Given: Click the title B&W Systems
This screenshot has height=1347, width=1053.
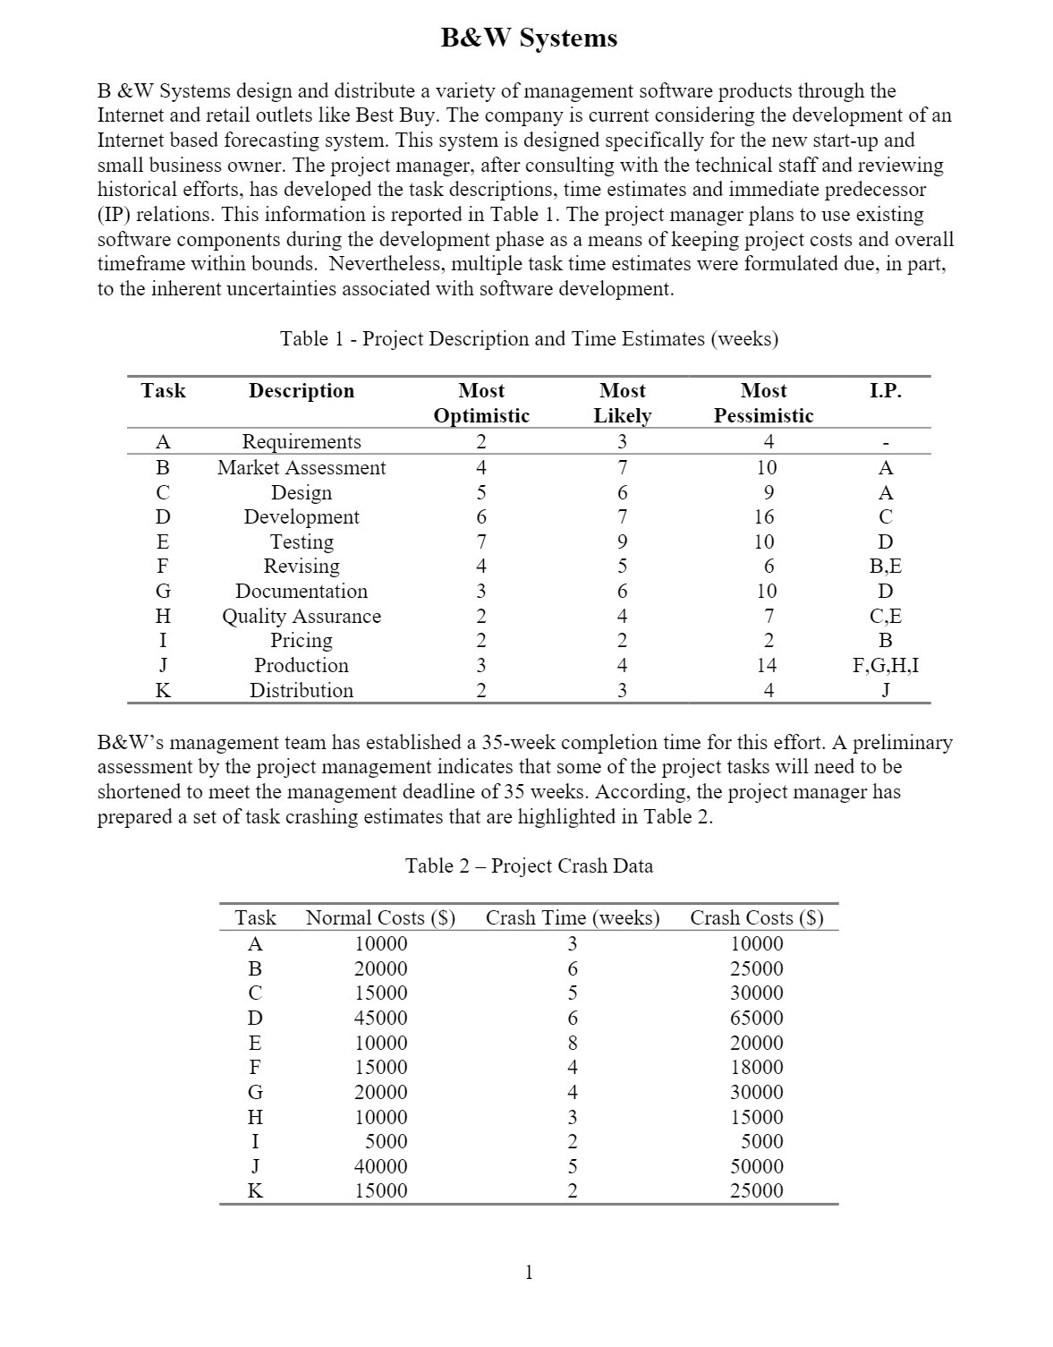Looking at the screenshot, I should pyautogui.click(x=528, y=38).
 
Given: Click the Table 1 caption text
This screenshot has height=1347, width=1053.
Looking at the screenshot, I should pyautogui.click(x=528, y=338).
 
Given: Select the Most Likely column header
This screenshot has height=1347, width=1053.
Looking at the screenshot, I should pyautogui.click(x=622, y=403).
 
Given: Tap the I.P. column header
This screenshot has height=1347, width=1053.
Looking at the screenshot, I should pyautogui.click(x=885, y=391).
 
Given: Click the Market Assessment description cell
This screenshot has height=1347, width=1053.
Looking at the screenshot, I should pyautogui.click(x=301, y=467).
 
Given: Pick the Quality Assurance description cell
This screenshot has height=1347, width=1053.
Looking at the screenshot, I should pyautogui.click(x=301, y=616).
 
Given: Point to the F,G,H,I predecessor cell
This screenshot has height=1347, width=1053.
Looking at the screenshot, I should pyautogui.click(x=885, y=665).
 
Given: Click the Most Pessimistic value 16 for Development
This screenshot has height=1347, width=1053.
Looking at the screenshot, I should pyautogui.click(x=764, y=516).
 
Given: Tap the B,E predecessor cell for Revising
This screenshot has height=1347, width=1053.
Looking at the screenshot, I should pyautogui.click(x=885, y=566).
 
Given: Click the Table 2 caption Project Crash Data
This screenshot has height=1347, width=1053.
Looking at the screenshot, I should pyautogui.click(x=528, y=865).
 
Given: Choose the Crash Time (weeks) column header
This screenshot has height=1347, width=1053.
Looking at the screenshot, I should pyautogui.click(x=572, y=917).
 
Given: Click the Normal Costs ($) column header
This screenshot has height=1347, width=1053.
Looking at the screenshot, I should pyautogui.click(x=380, y=917).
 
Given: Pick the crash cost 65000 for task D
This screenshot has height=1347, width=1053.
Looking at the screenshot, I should pyautogui.click(x=756, y=1018).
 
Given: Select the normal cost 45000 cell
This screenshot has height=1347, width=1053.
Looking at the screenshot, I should pyautogui.click(x=380, y=1018).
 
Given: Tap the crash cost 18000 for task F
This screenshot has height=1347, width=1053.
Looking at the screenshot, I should pyautogui.click(x=756, y=1067).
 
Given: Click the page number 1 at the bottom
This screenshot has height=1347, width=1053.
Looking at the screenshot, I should pyautogui.click(x=529, y=1272).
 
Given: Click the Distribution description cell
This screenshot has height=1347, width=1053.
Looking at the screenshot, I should pyautogui.click(x=301, y=690).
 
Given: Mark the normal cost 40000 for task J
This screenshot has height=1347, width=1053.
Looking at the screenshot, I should pyautogui.click(x=380, y=1166).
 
